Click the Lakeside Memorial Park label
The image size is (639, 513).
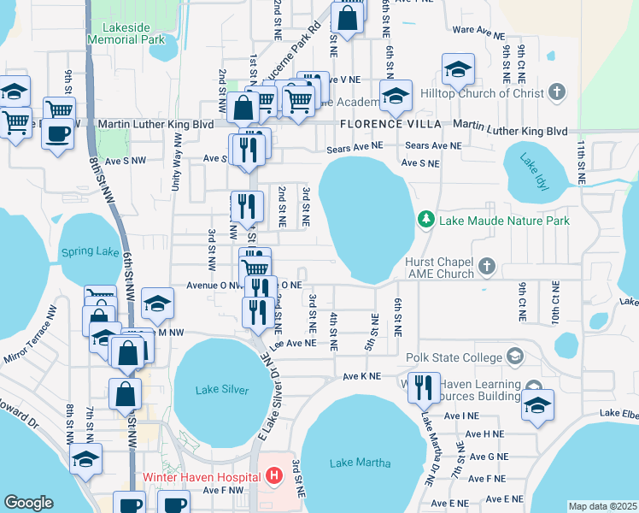click(127, 32)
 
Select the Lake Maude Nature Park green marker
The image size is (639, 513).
click(426, 221)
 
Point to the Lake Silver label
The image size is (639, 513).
click(222, 390)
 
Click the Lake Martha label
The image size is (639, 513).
click(360, 463)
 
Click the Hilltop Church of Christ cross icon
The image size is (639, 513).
click(557, 92)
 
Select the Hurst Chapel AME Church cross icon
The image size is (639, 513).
click(487, 266)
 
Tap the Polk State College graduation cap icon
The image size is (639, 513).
click(515, 355)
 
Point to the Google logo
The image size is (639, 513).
click(28, 503)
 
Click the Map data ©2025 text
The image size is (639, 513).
click(602, 506)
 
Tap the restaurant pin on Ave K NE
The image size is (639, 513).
click(424, 387)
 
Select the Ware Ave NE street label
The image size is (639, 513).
click(475, 29)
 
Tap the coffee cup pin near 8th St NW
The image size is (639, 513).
click(58, 135)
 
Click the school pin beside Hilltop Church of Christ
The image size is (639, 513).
click(458, 70)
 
